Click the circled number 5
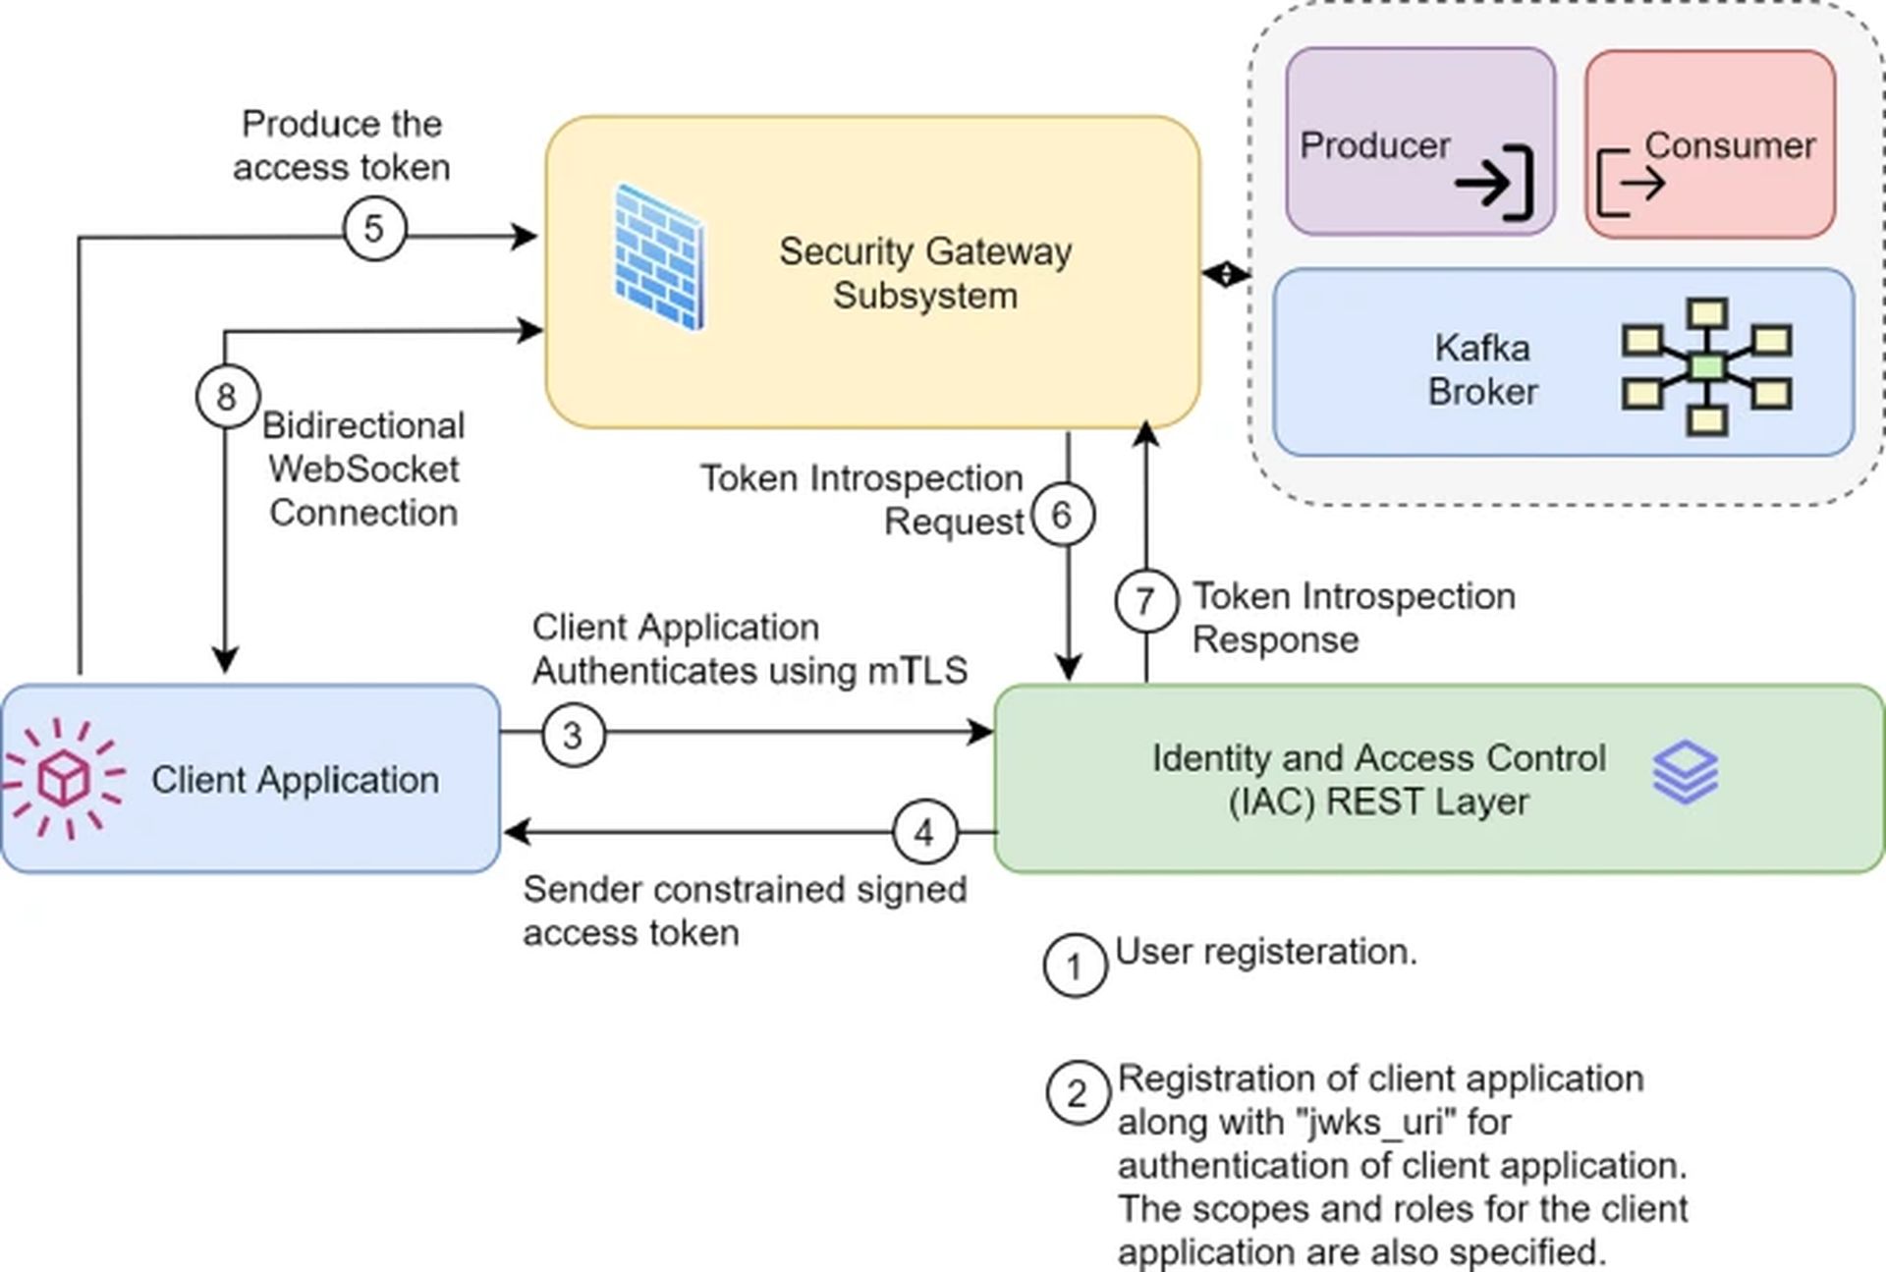click(374, 229)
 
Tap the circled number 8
click(227, 397)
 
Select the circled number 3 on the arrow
click(573, 735)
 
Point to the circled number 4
click(924, 833)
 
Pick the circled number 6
click(1062, 515)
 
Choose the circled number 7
click(1145, 600)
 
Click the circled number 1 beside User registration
click(1075, 966)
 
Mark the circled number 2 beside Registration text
click(1078, 1093)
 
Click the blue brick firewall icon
click(658, 257)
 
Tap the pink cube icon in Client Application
click(64, 779)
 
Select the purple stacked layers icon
click(1686, 772)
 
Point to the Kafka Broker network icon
click(1707, 366)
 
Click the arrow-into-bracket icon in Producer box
click(1494, 183)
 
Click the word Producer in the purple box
click(1374, 145)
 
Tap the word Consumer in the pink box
click(1730, 145)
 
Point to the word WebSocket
click(363, 470)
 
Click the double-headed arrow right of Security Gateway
click(1225, 274)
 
